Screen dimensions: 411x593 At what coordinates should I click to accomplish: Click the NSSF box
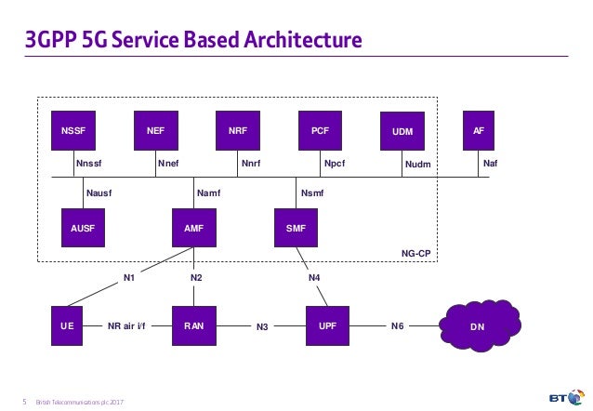click(x=73, y=131)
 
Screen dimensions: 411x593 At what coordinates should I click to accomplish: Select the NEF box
click(x=155, y=131)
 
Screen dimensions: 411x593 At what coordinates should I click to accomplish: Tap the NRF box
click(x=238, y=131)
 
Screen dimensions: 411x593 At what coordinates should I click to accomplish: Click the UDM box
click(x=402, y=132)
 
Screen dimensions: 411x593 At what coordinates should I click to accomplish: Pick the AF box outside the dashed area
click(x=479, y=131)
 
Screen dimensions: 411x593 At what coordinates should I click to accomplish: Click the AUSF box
click(x=83, y=228)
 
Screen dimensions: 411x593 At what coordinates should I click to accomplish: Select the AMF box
click(x=194, y=228)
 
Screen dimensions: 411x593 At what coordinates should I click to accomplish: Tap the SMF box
click(x=296, y=228)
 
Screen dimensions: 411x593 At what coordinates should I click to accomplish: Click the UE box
click(x=68, y=326)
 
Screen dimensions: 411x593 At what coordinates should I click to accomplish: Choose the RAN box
click(x=194, y=326)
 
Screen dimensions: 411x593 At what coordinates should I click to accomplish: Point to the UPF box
click(x=328, y=326)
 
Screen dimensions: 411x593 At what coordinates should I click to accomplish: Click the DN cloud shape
click(x=478, y=326)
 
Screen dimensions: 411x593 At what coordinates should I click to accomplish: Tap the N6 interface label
click(x=397, y=326)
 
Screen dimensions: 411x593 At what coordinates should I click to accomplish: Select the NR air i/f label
click(x=127, y=326)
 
